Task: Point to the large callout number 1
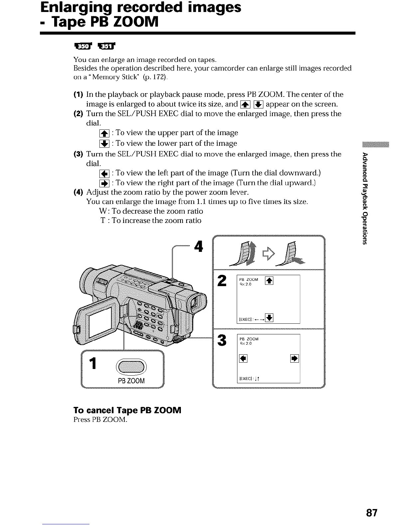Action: tap(94, 363)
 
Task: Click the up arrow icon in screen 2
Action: tap(269, 281)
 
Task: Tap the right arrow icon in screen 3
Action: tap(295, 358)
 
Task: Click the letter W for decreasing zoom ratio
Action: tap(102, 211)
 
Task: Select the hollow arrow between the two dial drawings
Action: tap(269, 254)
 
